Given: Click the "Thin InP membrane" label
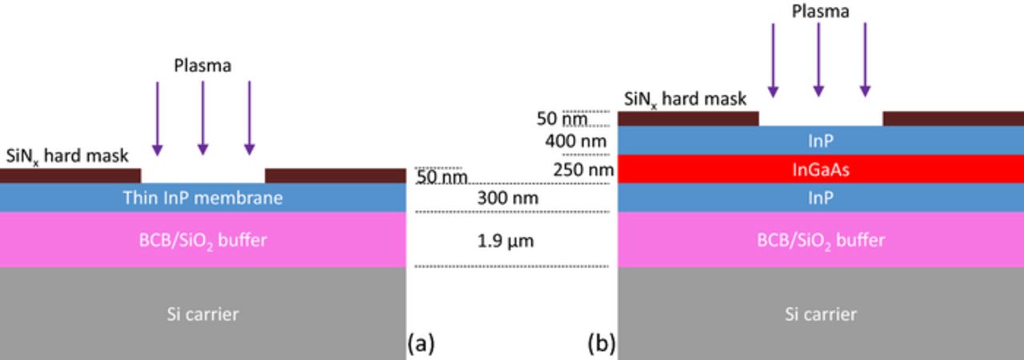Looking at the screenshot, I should coord(202,198).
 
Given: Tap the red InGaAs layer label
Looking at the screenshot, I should coord(819,170).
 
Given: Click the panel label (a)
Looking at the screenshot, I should coord(422,344).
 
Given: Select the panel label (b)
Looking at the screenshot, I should coord(602,344).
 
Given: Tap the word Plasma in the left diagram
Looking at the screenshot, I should coord(203,66).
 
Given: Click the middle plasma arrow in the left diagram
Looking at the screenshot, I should coord(203,117).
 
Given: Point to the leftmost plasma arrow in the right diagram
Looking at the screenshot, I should coord(773,60).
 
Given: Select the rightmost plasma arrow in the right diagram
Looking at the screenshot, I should coord(865,60).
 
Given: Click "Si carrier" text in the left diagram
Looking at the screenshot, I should coord(202,314).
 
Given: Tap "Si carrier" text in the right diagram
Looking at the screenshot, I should coord(819,314).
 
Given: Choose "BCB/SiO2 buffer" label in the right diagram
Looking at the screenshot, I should coord(819,239).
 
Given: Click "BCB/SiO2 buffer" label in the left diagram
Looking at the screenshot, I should coord(202,239).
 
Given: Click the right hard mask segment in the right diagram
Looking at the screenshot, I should coord(953,118).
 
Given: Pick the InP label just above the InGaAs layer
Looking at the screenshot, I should coord(819,141).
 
